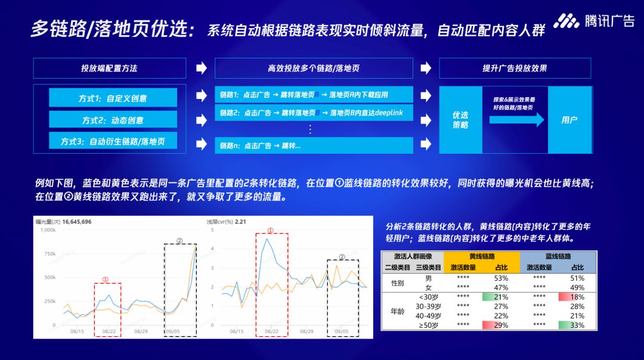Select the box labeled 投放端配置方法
click(109, 69)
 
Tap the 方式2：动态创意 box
click(113, 120)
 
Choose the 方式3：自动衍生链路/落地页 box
click(113, 141)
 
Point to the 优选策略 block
click(460, 120)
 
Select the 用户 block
click(569, 120)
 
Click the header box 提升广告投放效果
click(515, 69)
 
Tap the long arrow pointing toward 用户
click(516, 120)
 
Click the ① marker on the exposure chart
click(106, 279)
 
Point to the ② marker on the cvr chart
click(342, 257)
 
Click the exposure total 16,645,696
click(76, 222)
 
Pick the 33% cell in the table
click(577, 325)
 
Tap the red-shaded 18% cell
click(577, 297)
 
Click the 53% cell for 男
click(501, 278)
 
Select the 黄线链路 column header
click(482, 256)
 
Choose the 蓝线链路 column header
click(558, 256)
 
